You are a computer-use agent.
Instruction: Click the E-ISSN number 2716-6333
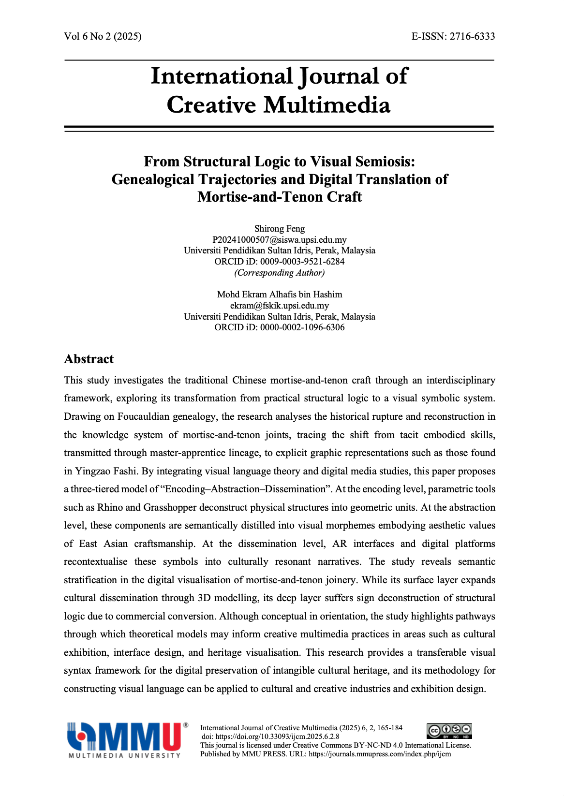[x=472, y=36]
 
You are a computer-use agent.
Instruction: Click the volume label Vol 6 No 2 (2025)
[x=103, y=36]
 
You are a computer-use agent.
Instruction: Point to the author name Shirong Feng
[x=280, y=229]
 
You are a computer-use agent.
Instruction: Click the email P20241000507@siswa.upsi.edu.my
[x=280, y=240]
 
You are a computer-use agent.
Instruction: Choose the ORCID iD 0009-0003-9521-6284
[x=302, y=262]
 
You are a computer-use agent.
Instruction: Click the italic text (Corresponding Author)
[x=280, y=273]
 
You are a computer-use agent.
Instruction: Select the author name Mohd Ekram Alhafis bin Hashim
[x=280, y=295]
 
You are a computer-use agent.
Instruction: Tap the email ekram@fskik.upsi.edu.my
[x=280, y=306]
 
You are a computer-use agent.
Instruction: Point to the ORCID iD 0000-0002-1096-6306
[x=302, y=327]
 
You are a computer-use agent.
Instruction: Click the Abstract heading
[x=89, y=359]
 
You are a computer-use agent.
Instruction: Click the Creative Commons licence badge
[x=449, y=730]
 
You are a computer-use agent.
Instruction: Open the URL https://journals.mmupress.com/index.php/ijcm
[x=380, y=754]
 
